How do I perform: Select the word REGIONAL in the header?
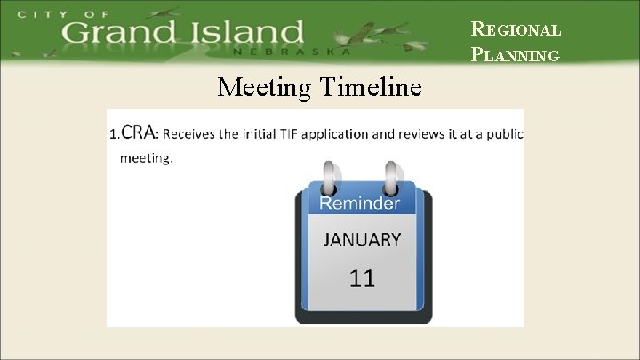pos(516,28)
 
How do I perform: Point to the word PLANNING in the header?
pos(516,54)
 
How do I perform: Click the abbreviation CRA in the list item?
pos(139,133)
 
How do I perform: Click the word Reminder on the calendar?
pos(360,203)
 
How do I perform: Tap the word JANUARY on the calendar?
pos(361,239)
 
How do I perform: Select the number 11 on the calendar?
pos(362,278)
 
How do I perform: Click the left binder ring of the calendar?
pos(329,177)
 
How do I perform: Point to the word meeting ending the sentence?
pos(145,158)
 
